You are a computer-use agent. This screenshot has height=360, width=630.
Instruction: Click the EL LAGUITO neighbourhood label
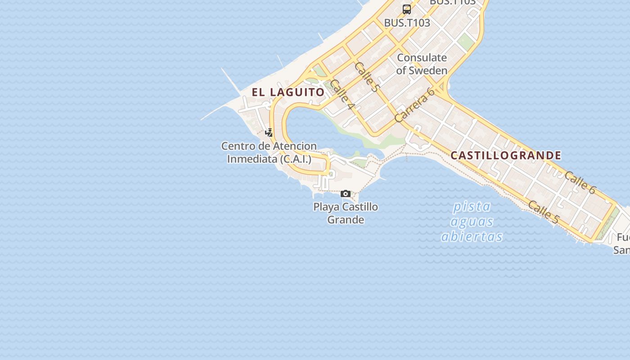(x=288, y=92)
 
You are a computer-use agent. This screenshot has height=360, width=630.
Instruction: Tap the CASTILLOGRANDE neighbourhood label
(x=506, y=156)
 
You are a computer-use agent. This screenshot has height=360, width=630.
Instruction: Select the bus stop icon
(x=407, y=9)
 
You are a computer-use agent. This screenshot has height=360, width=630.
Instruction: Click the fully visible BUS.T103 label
(x=407, y=22)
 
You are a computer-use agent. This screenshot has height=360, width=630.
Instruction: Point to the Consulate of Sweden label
(x=422, y=64)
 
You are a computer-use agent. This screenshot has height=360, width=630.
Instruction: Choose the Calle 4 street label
(x=342, y=95)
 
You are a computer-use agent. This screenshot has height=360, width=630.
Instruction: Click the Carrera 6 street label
(x=414, y=105)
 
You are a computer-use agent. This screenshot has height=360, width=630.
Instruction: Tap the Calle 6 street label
(x=580, y=183)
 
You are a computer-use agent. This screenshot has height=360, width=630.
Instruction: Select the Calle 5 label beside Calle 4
(x=366, y=77)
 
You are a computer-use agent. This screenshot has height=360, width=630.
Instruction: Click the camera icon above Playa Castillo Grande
(x=346, y=194)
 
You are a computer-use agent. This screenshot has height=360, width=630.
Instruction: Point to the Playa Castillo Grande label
(x=346, y=213)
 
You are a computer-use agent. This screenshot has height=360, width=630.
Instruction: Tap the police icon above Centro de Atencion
(x=269, y=133)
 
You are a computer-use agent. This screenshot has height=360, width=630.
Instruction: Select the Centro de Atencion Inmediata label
(x=269, y=153)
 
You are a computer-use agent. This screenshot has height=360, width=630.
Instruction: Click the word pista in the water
(x=472, y=207)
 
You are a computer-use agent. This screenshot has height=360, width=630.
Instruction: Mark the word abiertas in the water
(x=472, y=237)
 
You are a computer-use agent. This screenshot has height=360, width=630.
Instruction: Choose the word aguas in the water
(x=472, y=221)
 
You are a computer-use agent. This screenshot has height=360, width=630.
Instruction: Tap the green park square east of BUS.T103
(x=466, y=42)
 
